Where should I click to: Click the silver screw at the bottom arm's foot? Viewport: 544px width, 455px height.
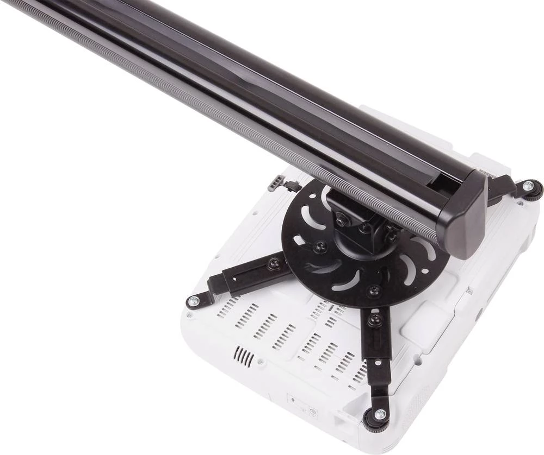pyautogui.click(x=380, y=415)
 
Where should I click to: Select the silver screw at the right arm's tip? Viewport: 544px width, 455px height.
pyautogui.click(x=527, y=186)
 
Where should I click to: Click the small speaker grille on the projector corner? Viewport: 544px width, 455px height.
pyautogui.click(x=243, y=357)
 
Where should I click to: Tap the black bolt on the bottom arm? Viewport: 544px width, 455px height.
pyautogui.click(x=374, y=319)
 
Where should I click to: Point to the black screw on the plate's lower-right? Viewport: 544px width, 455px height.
pyautogui.click(x=373, y=290)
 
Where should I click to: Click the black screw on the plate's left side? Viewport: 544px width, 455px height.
pyautogui.click(x=319, y=246)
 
